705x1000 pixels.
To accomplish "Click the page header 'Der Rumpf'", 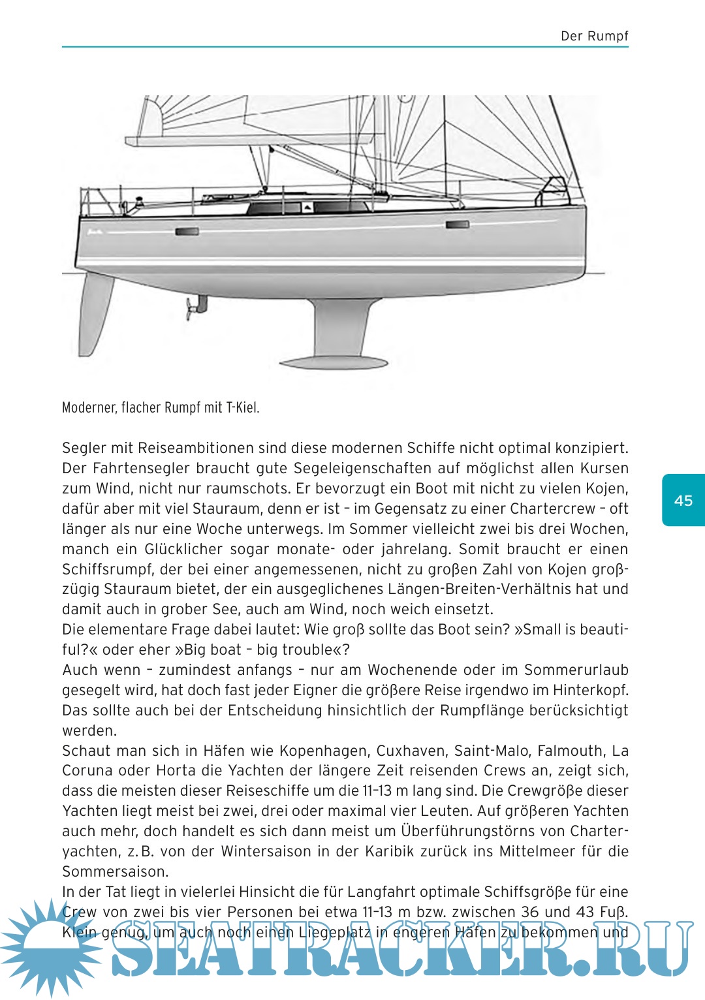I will point(594,36).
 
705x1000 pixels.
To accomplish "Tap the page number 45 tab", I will point(683,501).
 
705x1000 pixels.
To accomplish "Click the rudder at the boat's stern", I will point(95,313).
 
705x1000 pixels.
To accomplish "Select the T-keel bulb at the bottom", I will point(334,362).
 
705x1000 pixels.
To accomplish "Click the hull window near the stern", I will point(187,231).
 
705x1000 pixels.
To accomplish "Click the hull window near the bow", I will point(457,225).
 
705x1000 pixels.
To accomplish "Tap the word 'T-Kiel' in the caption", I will point(243,408).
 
